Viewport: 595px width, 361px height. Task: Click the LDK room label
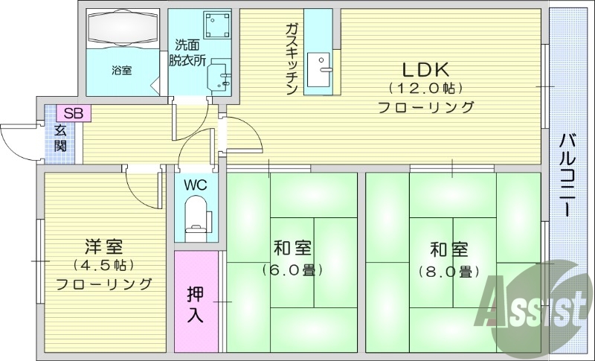tap(426, 70)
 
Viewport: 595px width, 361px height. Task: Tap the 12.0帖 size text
tap(426, 89)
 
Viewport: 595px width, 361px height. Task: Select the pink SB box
tap(73, 113)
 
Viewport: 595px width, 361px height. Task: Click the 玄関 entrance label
tap(59, 138)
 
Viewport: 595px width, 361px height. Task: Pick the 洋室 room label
tap(103, 246)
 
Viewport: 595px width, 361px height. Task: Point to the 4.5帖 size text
tap(103, 265)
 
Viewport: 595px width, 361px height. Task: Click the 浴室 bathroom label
tap(122, 71)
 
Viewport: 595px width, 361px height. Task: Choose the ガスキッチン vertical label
tap(292, 58)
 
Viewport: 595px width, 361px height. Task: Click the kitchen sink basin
tap(324, 73)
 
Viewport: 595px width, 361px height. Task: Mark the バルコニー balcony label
tap(567, 174)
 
